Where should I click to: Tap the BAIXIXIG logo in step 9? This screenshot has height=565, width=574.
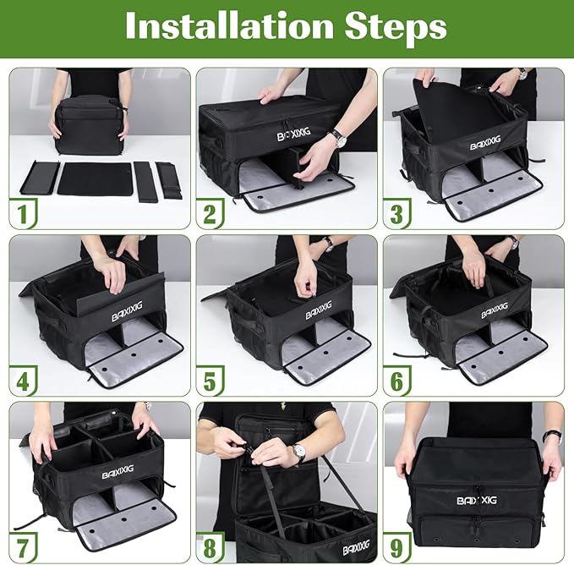[x=478, y=499]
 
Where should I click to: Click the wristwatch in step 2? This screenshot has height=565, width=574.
[x=337, y=136]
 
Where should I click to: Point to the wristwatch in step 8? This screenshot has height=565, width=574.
[x=298, y=453]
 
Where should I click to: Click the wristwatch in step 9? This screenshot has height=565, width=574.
[x=552, y=436]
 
